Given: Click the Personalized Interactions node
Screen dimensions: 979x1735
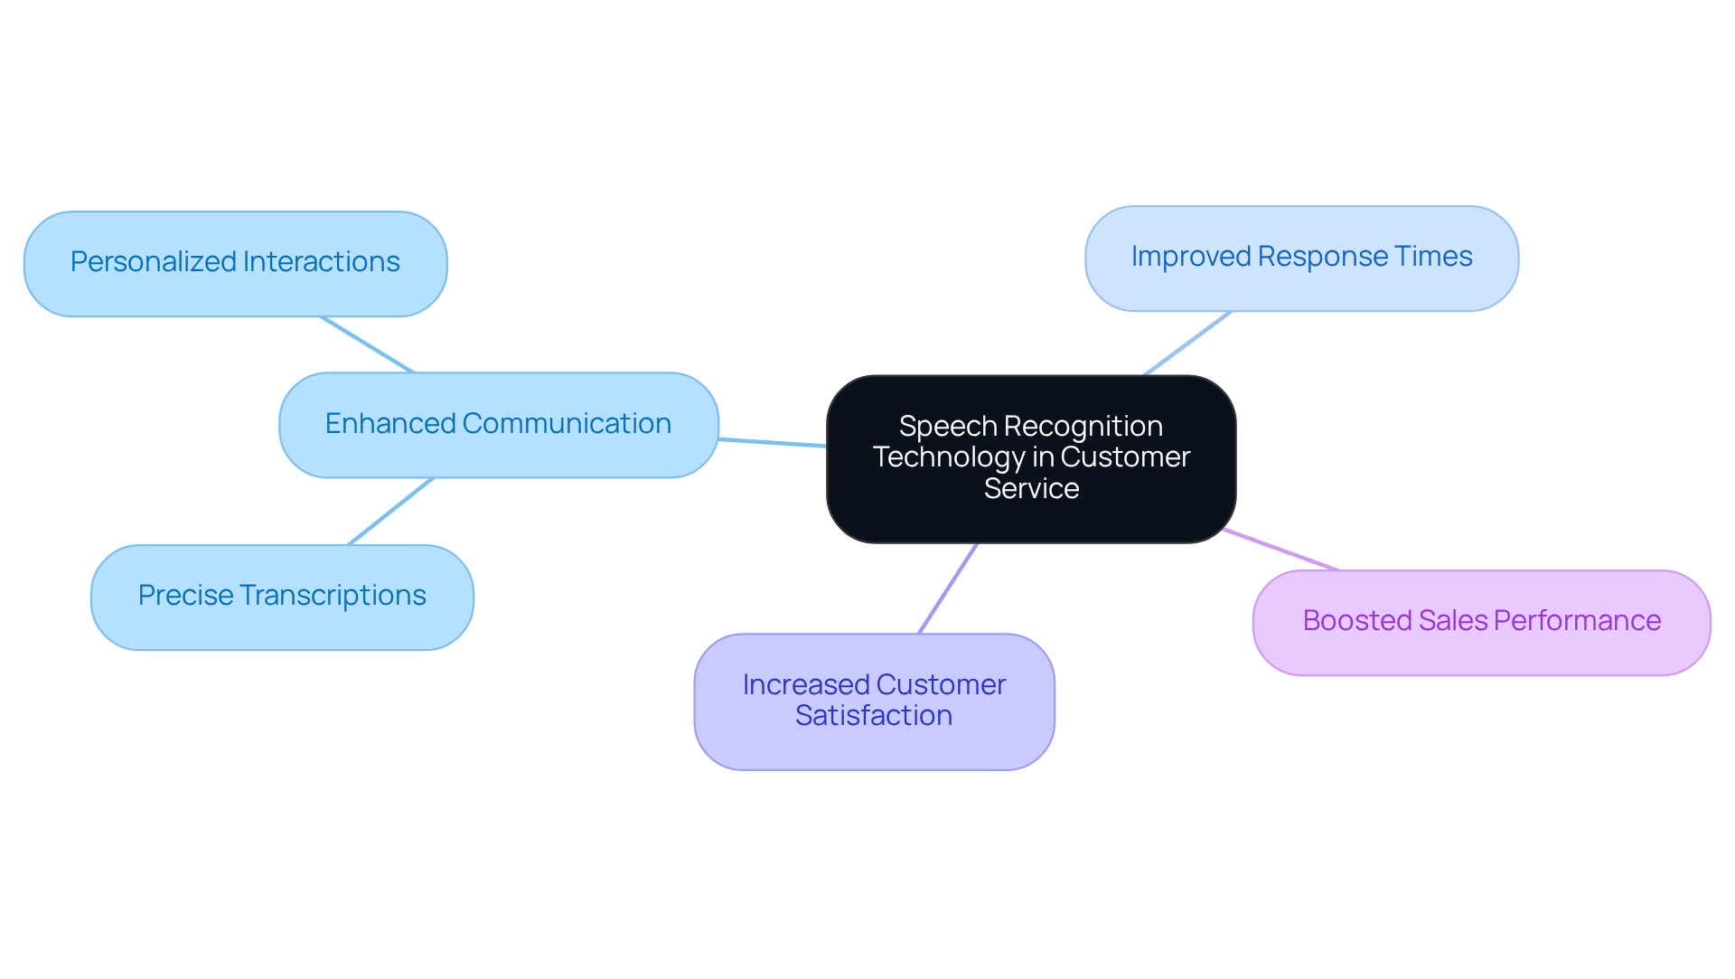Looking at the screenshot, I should click(235, 263).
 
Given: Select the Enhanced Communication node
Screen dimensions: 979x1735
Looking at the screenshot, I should click(498, 424).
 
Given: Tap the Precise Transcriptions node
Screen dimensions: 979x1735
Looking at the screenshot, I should click(282, 597).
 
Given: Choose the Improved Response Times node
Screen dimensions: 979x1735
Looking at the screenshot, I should click(1301, 259).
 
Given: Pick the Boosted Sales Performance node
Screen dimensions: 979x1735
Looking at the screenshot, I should click(1481, 622).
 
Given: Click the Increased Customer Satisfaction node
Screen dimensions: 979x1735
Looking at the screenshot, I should click(874, 701).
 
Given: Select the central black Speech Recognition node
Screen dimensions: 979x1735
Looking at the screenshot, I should click(1030, 458).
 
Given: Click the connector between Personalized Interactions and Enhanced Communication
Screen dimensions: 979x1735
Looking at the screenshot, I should click(367, 344).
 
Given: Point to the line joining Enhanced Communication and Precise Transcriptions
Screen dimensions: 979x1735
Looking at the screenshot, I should click(391, 511).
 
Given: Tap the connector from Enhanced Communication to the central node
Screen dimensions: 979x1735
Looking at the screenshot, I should click(773, 443).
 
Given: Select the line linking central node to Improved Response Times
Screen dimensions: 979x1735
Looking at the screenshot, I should click(1187, 344).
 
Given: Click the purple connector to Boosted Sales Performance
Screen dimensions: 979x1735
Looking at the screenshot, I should click(1281, 550).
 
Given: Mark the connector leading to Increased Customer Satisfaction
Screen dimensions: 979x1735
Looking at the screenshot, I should click(948, 588).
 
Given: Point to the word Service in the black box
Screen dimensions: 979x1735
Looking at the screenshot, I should click(1031, 489).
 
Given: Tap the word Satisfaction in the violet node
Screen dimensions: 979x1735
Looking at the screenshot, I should click(874, 716).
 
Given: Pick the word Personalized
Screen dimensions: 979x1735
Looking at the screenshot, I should click(153, 262).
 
